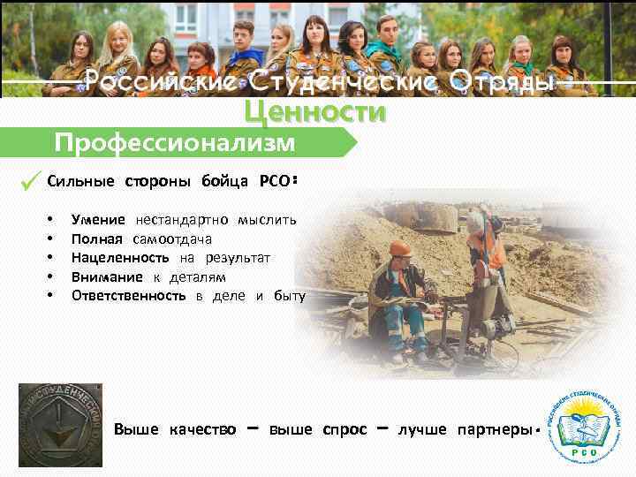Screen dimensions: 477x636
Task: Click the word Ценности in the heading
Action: [x=315, y=112]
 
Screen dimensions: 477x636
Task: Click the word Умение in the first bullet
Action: [x=98, y=219]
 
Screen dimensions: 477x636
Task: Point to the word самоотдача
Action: [x=172, y=238]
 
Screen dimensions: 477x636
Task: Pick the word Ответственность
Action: [x=128, y=295]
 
